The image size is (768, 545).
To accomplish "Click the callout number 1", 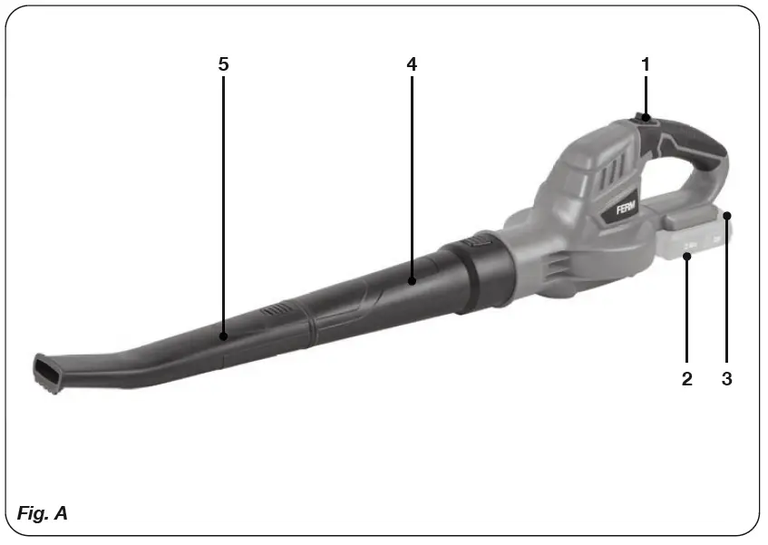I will coord(646,64).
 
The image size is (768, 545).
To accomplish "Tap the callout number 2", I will coord(687,379).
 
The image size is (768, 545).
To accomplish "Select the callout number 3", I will coord(726,379).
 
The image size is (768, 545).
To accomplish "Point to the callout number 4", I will coord(412,64).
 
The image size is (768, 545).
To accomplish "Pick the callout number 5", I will coord(223,64).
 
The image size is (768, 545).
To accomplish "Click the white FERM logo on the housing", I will coord(627,209).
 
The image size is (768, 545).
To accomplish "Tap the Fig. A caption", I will coord(43,513).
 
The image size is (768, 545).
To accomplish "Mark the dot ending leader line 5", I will coord(223,336).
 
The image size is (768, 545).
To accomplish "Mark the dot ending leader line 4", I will coord(412,281).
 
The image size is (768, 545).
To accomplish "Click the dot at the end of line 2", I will coord(687,257).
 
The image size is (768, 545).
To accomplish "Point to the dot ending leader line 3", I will coord(726,215).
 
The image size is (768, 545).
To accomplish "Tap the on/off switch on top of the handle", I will coord(645,117).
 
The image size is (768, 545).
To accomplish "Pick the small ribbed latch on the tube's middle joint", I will coord(273,311).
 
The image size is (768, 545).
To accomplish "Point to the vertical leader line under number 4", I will coord(412,172).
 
